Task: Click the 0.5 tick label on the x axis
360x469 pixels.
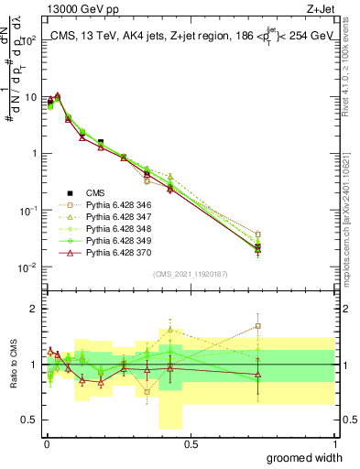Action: coord(190,444)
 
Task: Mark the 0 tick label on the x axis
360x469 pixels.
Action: coord(46,444)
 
